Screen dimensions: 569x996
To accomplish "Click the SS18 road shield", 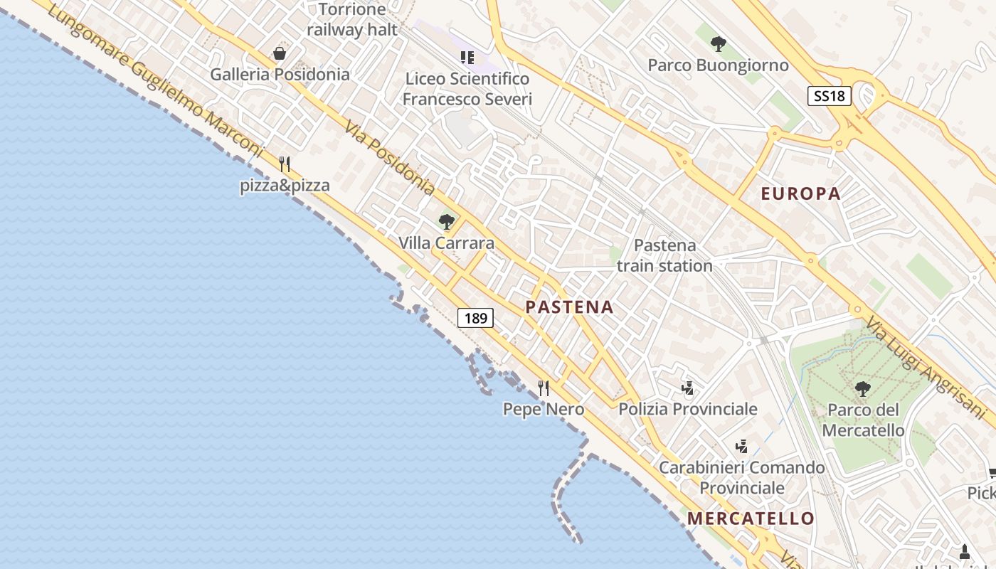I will point(829,96).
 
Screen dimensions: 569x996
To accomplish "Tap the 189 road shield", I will point(475,318).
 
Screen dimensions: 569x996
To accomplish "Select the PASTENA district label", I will point(569,307).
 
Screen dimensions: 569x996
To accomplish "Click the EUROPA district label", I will point(800,193).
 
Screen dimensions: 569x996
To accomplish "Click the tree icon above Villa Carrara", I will point(447,222).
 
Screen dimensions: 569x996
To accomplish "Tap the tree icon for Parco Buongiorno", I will point(719,44).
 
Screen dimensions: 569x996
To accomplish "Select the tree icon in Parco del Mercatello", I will point(863,388).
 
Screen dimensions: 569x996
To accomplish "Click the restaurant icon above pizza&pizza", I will point(285,164).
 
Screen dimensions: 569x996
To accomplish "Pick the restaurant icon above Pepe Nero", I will point(544,388).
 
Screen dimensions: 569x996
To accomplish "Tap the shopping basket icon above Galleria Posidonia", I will point(280,53).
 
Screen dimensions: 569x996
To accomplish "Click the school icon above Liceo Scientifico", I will point(467,57).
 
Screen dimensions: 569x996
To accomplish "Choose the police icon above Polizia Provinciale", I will point(687,388).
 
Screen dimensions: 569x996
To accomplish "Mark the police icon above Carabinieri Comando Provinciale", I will point(741,446).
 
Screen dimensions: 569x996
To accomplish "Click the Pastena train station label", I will point(664,255).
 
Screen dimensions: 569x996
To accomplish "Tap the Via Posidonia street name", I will point(390,158).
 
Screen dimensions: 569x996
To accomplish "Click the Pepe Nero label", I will point(544,409).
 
